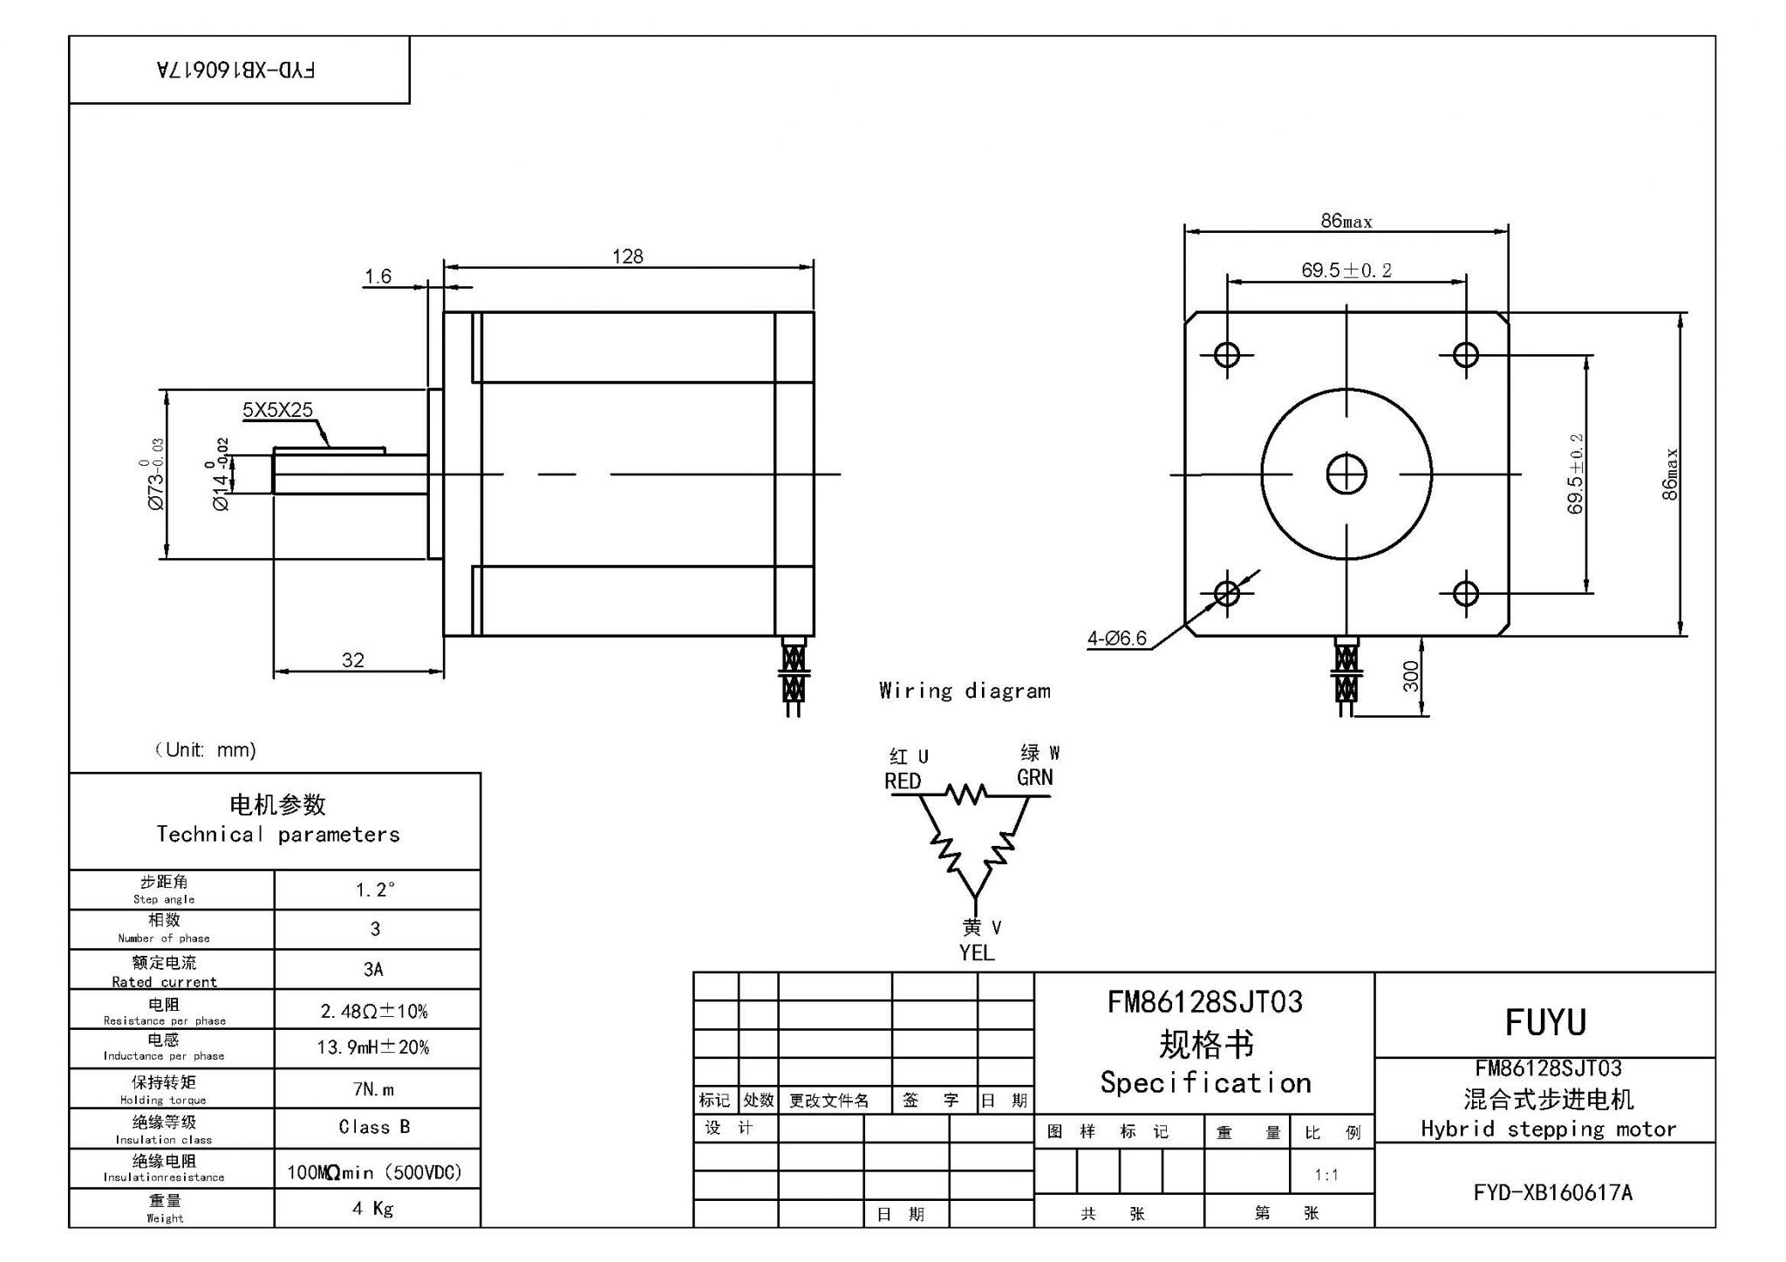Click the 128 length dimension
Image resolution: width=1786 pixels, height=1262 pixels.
[x=627, y=256]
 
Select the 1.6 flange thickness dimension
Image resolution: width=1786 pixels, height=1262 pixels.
[x=378, y=276]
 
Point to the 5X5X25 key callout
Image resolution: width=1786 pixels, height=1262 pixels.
[x=277, y=410]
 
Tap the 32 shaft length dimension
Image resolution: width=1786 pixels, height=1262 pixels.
[x=352, y=660]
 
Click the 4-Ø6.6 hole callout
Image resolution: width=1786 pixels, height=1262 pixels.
[x=1116, y=638]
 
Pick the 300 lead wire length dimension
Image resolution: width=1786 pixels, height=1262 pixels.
[x=1410, y=676]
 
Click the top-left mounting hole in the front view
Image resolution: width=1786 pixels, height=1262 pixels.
[x=1227, y=355]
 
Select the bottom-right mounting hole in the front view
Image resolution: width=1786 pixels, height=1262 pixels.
[x=1465, y=594]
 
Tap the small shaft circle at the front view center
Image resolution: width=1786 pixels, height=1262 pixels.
[x=1346, y=474]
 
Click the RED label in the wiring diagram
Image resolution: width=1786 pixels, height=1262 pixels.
[x=903, y=781]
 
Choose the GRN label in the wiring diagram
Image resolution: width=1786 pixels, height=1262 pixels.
[x=1034, y=777]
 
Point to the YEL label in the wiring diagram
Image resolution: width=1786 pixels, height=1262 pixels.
[x=977, y=953]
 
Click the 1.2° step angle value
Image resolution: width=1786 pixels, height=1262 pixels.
[x=375, y=890]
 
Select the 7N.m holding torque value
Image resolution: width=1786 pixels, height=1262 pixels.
[x=374, y=1089]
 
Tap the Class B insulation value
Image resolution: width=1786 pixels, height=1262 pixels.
[x=374, y=1127]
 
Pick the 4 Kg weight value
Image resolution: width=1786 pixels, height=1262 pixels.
[x=373, y=1208]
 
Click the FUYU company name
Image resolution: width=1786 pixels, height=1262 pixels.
[x=1544, y=1022]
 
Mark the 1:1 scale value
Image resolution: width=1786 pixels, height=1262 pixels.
[x=1326, y=1175]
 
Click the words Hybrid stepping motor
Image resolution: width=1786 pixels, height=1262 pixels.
[x=1548, y=1129]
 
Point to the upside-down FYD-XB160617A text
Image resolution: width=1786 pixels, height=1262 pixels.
[x=236, y=71]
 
